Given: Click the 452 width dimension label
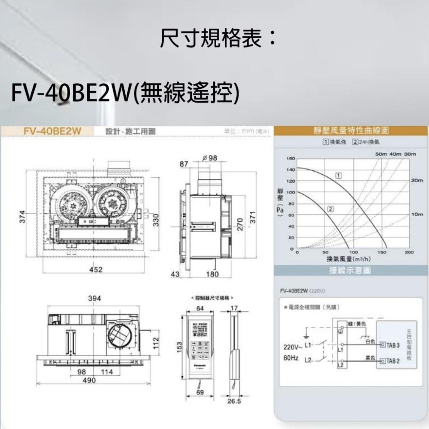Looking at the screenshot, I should click(x=96, y=269).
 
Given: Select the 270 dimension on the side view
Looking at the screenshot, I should click(x=240, y=224).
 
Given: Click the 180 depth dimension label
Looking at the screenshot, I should click(x=212, y=274).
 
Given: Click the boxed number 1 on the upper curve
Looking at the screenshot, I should click(x=339, y=175).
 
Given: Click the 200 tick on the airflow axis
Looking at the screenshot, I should click(x=409, y=253).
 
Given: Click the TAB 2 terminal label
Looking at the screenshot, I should click(x=393, y=361).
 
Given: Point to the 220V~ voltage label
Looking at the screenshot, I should click(x=293, y=346).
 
